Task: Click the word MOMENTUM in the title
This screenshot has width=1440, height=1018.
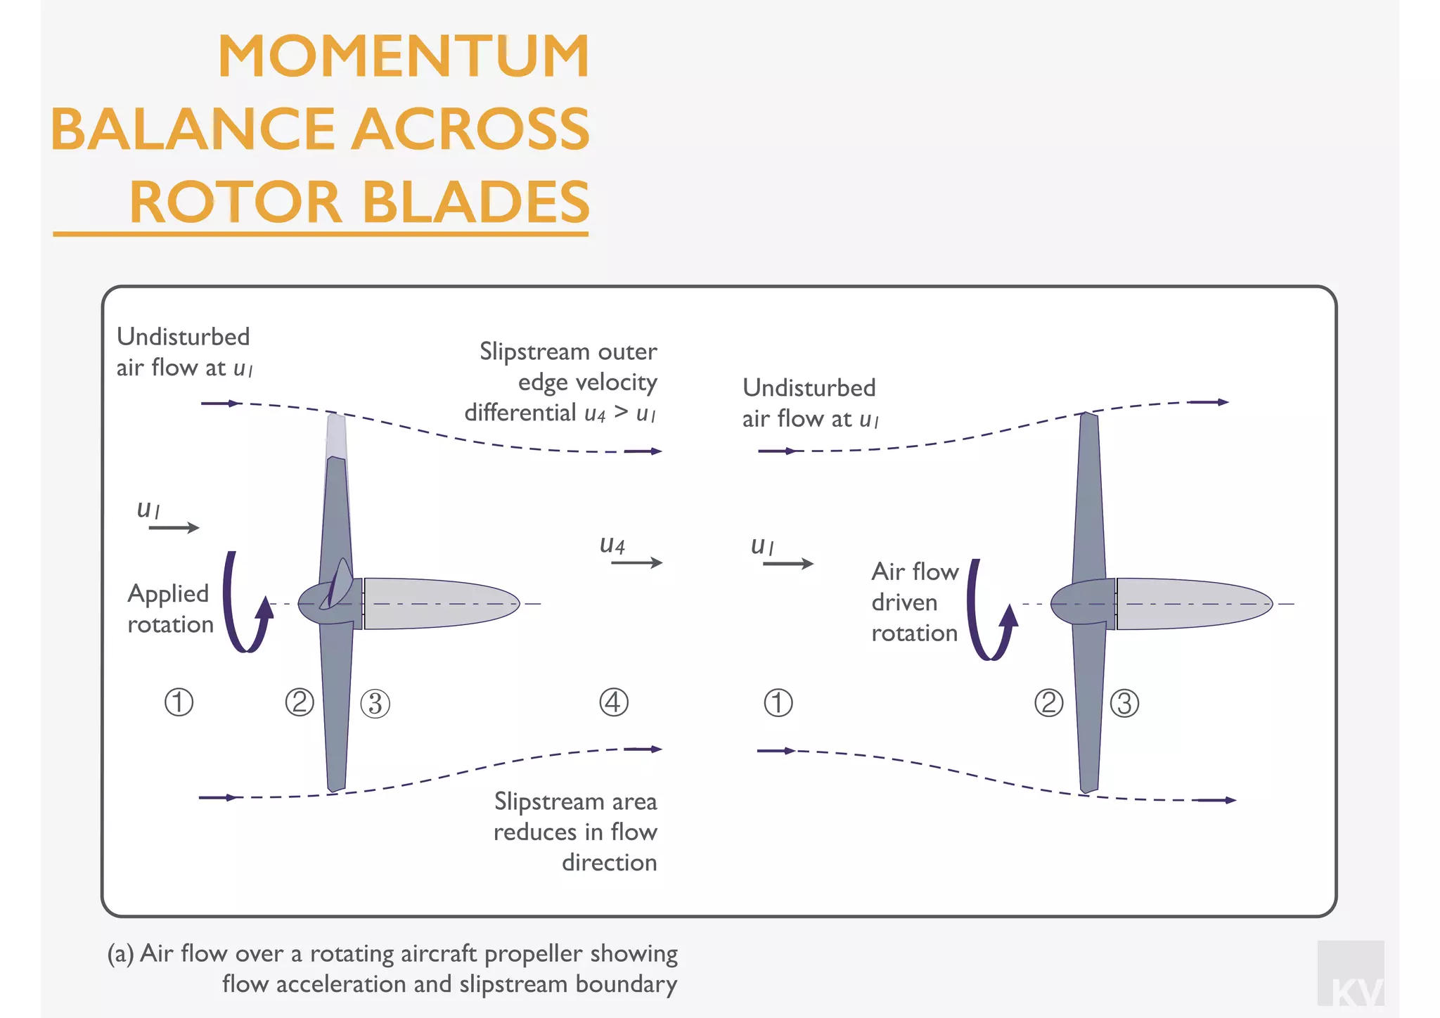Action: (x=404, y=56)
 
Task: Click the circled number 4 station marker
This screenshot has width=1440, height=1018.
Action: (x=613, y=702)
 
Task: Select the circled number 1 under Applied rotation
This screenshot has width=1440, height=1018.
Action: (x=179, y=702)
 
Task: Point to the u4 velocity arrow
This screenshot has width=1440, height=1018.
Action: (x=636, y=562)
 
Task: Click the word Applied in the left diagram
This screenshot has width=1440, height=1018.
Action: (x=168, y=594)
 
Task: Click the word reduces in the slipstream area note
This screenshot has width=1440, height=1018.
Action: (x=534, y=832)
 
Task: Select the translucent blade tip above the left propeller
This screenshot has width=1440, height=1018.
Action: (x=336, y=436)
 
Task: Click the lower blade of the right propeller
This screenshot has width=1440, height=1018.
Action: (x=1088, y=710)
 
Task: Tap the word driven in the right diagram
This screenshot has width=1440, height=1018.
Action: (x=904, y=603)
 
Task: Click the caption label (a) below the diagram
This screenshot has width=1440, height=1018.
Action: (x=120, y=954)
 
